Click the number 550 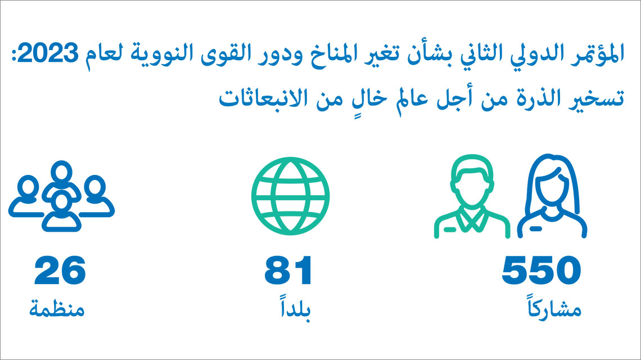click(x=541, y=270)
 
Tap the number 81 click(x=288, y=270)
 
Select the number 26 click(x=60, y=270)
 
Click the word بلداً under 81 click(x=295, y=310)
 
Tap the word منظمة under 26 click(x=57, y=309)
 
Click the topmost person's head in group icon click(x=61, y=172)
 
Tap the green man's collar click(x=472, y=219)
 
